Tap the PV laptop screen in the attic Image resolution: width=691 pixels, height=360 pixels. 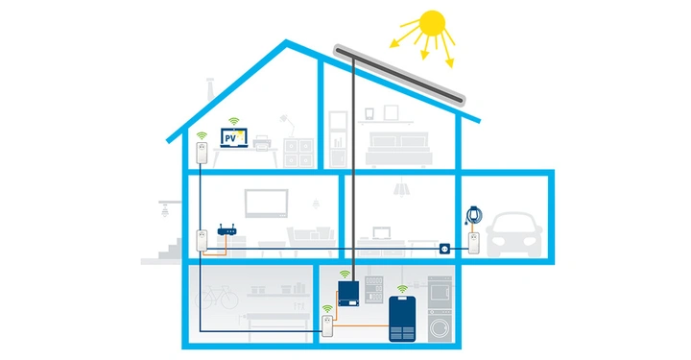tap(232, 138)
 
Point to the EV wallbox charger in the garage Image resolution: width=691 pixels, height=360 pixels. tap(472, 212)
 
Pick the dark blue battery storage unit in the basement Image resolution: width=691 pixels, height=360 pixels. tap(403, 319)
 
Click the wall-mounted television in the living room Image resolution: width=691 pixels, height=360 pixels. tap(266, 204)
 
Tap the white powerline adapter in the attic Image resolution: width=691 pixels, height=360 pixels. tap(202, 153)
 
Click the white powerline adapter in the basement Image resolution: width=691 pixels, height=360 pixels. tap(328, 326)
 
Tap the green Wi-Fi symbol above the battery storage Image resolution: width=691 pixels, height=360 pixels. tap(402, 287)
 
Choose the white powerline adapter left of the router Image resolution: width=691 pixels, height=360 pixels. tap(202, 241)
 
